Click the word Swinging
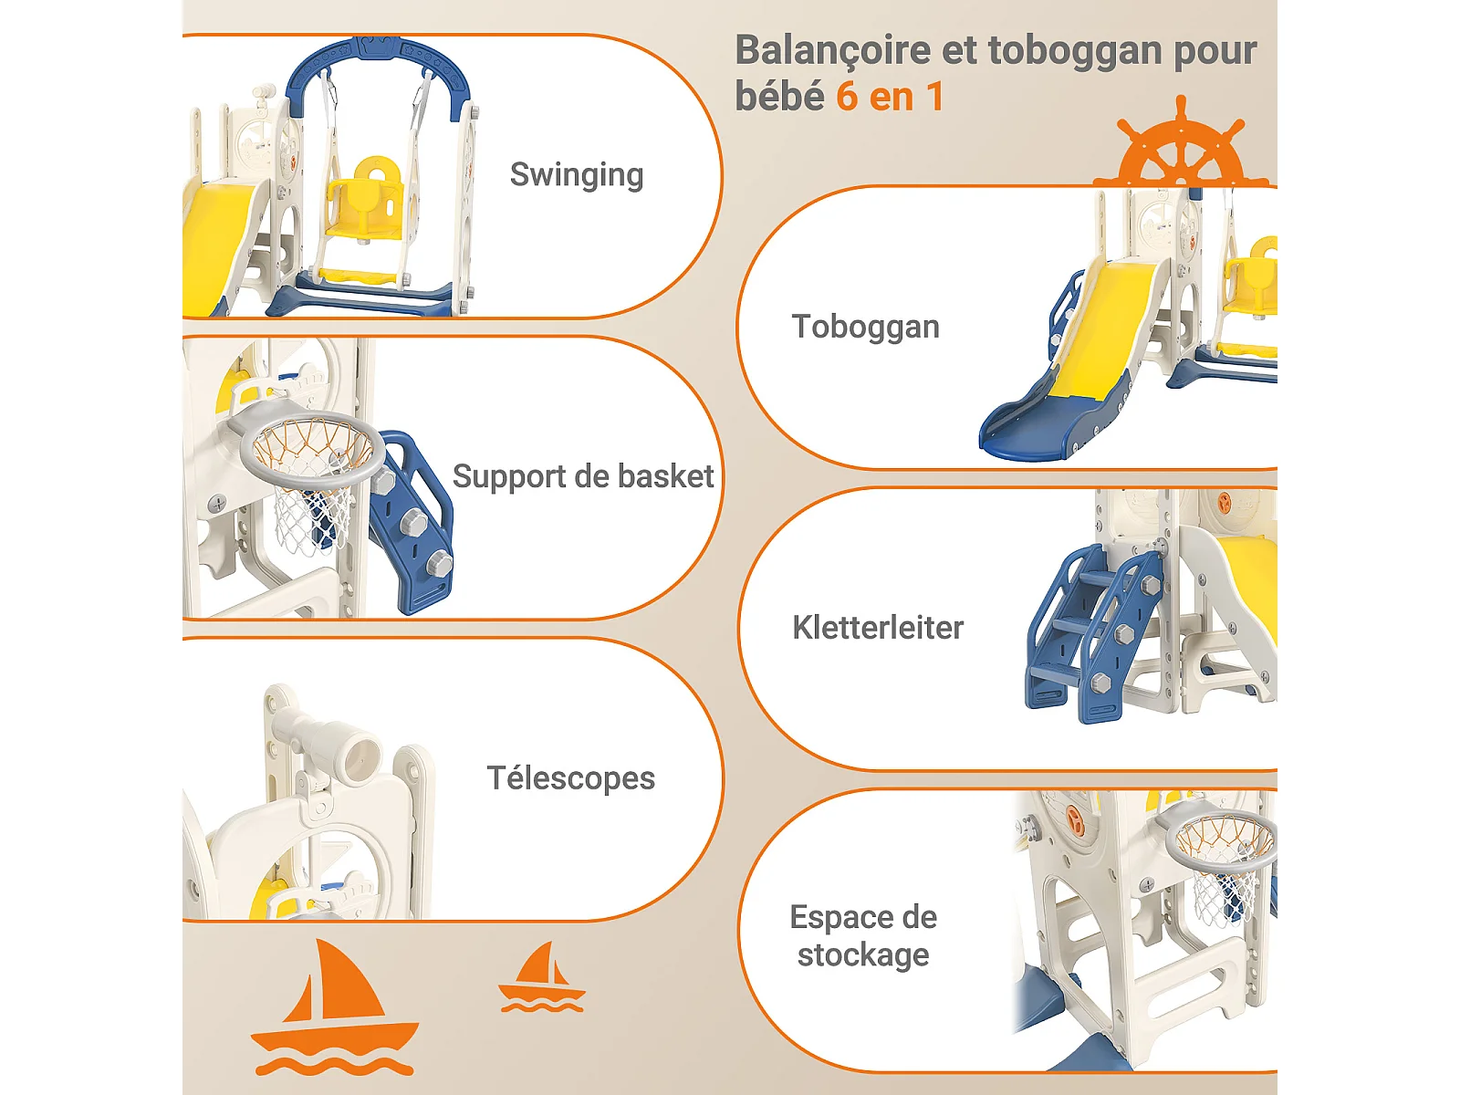click(x=576, y=174)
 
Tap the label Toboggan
click(x=865, y=327)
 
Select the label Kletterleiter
click(x=877, y=628)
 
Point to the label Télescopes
click(x=570, y=778)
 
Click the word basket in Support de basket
click(x=665, y=476)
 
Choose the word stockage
click(x=863, y=955)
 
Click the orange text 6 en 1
click(x=890, y=97)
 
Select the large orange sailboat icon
click(x=333, y=1008)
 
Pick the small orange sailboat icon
click(x=541, y=979)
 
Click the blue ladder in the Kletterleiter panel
click(x=1086, y=630)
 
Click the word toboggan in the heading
click(x=1074, y=50)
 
